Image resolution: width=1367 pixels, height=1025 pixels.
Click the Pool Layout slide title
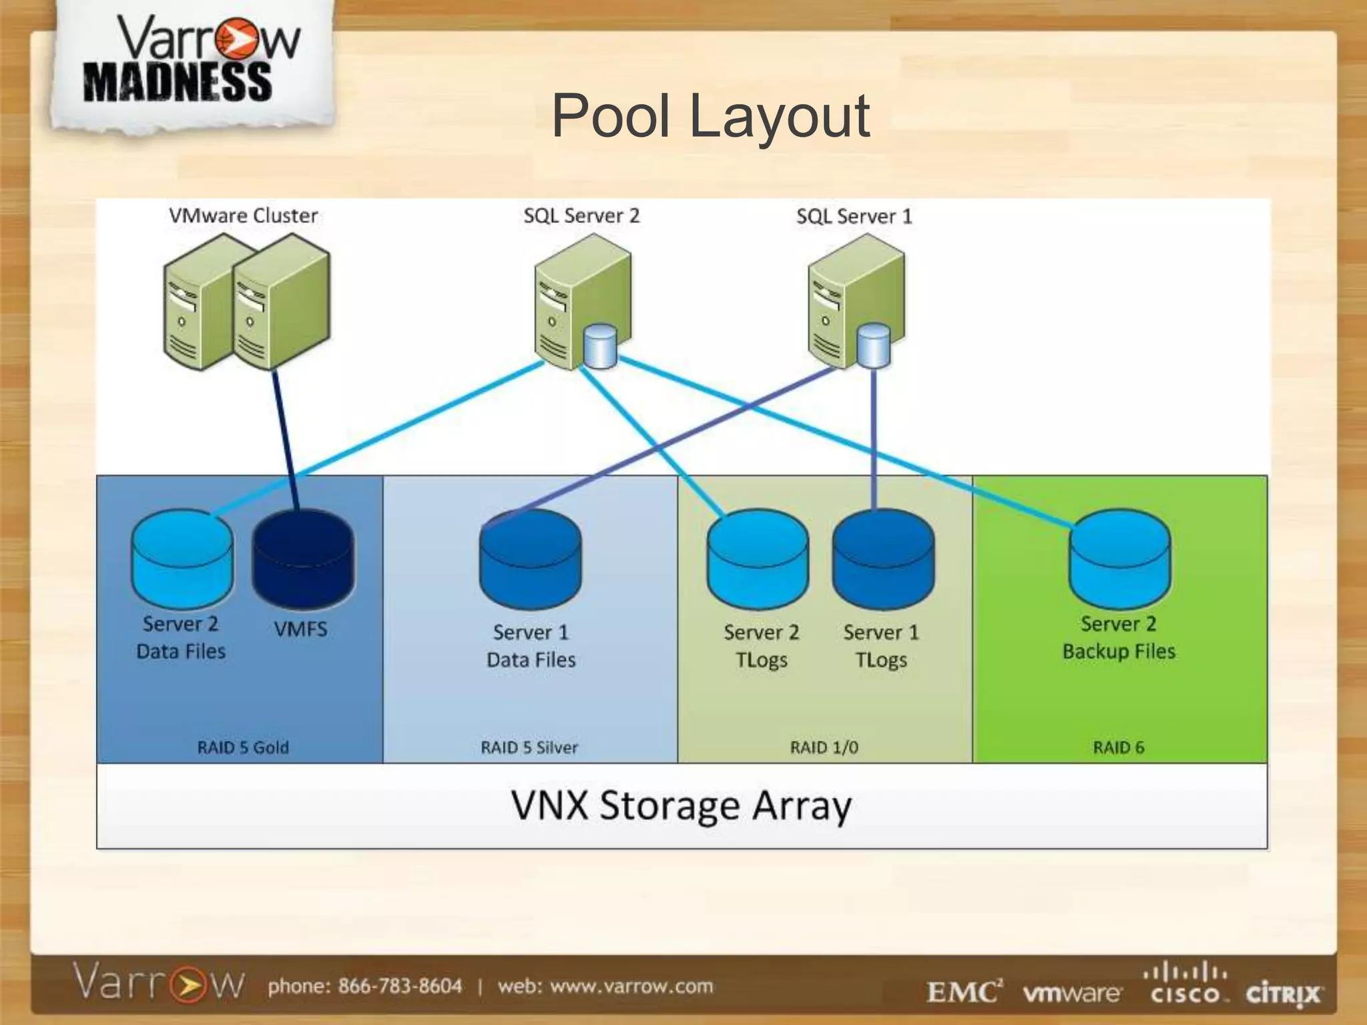[710, 117]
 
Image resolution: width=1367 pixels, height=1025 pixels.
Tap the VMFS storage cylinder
[304, 559]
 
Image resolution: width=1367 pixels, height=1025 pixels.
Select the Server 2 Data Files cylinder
[182, 559]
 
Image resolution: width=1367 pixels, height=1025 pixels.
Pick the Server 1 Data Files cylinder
[531, 559]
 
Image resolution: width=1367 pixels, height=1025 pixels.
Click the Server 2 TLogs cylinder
[758, 559]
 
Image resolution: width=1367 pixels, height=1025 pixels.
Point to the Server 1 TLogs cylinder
[883, 559]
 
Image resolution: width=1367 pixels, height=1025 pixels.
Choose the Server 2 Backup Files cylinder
[1119, 559]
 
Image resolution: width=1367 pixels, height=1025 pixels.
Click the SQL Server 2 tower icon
[582, 302]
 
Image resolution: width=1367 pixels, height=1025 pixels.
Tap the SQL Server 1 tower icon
[856, 302]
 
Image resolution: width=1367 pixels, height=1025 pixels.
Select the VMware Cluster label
[243, 216]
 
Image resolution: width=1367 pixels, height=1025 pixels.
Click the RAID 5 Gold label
[243, 747]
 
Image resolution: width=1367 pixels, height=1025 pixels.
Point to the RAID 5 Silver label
[529, 747]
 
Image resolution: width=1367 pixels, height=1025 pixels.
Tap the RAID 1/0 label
[824, 747]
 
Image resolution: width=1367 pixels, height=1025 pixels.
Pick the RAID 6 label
[1119, 747]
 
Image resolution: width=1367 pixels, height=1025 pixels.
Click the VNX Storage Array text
[681, 806]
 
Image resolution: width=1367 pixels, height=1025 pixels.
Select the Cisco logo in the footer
[1185, 983]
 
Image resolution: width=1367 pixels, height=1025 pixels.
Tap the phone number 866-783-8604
[400, 986]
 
